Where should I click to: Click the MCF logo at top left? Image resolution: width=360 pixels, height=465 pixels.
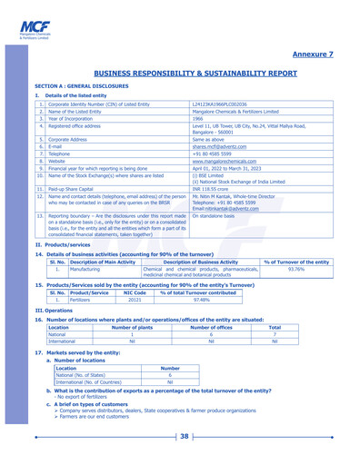(x=32, y=24)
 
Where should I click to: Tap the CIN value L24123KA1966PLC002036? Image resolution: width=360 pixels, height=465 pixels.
(x=225, y=105)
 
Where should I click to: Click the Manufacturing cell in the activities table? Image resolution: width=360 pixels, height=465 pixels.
(x=86, y=269)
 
